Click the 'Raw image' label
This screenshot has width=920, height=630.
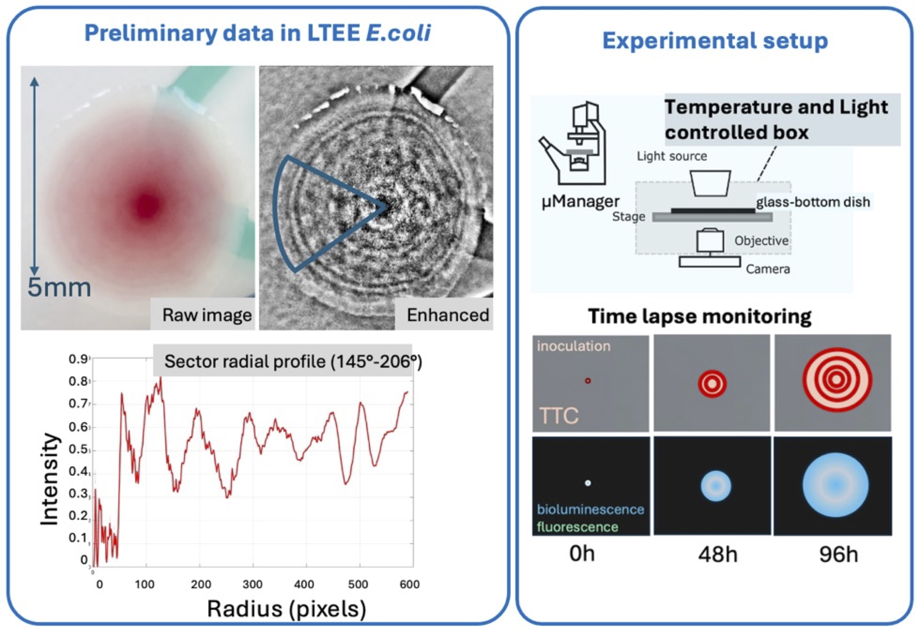coord(207,315)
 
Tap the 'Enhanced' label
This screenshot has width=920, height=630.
coord(448,315)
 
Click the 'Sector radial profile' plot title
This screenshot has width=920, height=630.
coord(293,361)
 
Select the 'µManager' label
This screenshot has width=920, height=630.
coord(580,201)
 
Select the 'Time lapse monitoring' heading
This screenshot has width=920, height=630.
coord(700,316)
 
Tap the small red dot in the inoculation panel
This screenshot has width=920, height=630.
coord(588,381)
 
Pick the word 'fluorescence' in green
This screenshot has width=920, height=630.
coord(577,527)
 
